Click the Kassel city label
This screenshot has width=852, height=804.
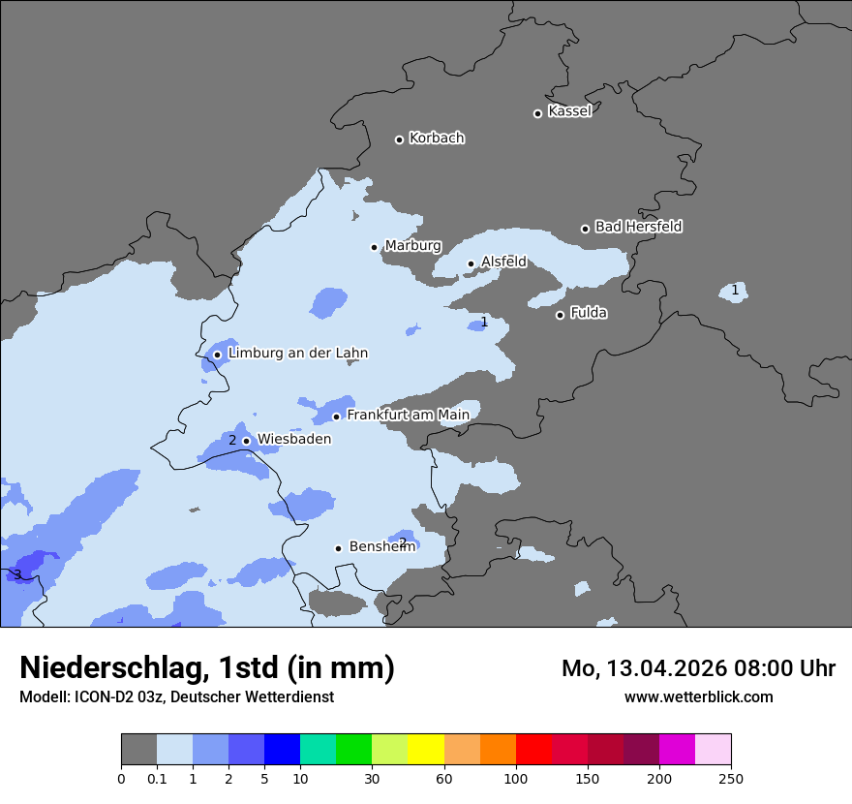point(569,111)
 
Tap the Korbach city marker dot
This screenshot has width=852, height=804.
point(399,139)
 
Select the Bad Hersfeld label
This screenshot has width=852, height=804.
point(638,227)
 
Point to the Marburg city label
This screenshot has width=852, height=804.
point(412,246)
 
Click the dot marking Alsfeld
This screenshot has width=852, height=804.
point(472,263)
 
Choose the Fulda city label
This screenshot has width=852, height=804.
point(588,313)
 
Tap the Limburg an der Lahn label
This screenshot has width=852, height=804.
point(297,354)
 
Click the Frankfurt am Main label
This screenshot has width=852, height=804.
point(408,416)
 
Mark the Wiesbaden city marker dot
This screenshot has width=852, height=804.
point(246,441)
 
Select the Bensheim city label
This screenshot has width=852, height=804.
point(381,547)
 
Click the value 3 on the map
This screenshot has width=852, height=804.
point(17,575)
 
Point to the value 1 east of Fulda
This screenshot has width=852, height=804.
point(735,290)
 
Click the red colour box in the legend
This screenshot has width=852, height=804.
point(533,750)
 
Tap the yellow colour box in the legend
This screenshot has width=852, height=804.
point(426,750)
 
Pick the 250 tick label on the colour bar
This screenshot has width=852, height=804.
point(731,778)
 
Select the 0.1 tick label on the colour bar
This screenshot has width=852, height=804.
point(157,778)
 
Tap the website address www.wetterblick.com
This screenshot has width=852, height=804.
point(698,696)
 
